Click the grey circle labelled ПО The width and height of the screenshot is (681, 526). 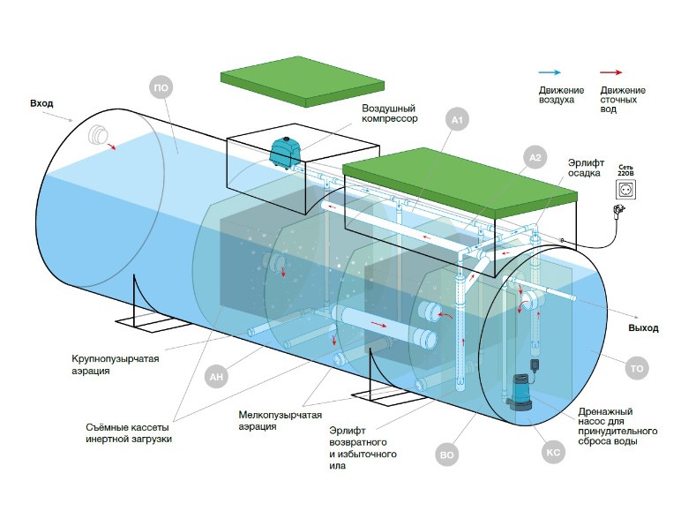(x=161, y=87)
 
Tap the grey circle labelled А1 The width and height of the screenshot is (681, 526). (x=457, y=119)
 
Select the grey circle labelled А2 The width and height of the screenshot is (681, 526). (x=535, y=157)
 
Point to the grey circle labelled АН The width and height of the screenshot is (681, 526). (x=216, y=376)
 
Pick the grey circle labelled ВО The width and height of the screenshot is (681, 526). (x=446, y=455)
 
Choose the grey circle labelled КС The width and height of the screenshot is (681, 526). (x=553, y=452)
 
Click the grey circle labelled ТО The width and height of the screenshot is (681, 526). (x=637, y=368)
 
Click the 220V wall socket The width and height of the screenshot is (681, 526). (x=625, y=190)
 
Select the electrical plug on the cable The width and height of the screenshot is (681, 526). (x=618, y=211)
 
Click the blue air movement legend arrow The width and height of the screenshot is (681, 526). (x=550, y=72)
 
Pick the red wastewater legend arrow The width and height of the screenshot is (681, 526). (x=611, y=72)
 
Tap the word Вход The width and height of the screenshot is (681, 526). (x=41, y=103)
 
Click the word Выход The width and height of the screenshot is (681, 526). (x=643, y=328)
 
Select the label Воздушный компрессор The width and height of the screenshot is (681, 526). (x=390, y=113)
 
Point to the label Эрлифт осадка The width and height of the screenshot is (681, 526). (x=586, y=168)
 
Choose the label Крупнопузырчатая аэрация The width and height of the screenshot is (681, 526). (x=115, y=364)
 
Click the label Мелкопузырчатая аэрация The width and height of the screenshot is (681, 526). (x=281, y=420)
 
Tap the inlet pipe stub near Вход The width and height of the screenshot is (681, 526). (x=98, y=135)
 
